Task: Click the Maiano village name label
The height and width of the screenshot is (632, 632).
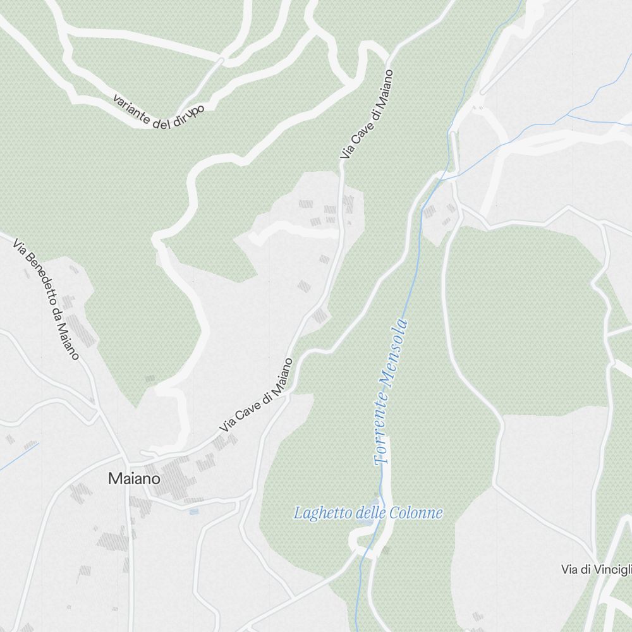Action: coord(134,478)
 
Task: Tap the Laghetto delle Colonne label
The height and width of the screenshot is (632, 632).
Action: coord(368,513)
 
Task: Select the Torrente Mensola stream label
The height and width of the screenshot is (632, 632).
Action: coord(391,393)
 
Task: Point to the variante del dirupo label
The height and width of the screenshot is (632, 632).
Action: coord(159,112)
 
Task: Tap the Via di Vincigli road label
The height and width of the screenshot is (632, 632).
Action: coord(596,569)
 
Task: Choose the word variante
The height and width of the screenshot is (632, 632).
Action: coord(131,108)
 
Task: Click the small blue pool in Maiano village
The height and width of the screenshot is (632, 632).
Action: coord(193,511)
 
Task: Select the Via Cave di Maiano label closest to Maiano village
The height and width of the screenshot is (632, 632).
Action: coord(256,396)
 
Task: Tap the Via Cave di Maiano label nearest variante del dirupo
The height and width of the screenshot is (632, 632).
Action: coord(367,114)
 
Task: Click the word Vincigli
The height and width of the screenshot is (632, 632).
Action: coord(614,569)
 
